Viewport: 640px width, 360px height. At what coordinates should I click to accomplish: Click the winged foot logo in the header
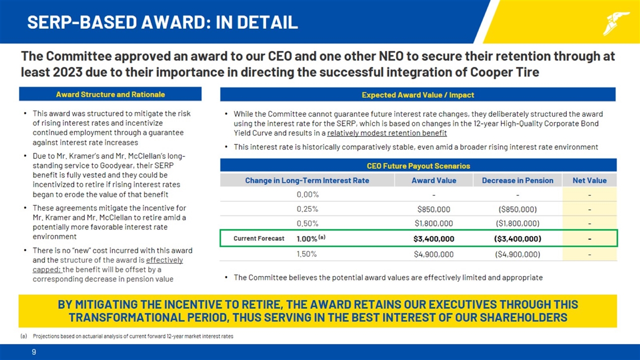click(616, 23)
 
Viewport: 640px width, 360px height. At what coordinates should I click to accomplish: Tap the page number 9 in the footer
click(34, 352)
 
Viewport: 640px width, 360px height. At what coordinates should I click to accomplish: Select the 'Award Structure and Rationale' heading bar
click(110, 94)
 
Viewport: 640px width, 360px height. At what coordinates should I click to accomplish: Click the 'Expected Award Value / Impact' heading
click(417, 94)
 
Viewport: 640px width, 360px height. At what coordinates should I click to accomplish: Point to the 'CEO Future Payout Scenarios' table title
click(418, 165)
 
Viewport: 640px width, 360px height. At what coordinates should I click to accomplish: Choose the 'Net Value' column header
click(590, 180)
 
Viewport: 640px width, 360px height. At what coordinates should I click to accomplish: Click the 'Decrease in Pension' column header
click(517, 180)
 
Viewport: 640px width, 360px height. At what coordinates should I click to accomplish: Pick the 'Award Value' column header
click(433, 180)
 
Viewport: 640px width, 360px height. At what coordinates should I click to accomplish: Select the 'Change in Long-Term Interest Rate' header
click(307, 180)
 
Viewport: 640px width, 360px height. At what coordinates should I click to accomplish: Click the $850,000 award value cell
click(433, 209)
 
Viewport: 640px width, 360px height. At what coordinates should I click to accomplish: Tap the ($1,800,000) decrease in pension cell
click(517, 223)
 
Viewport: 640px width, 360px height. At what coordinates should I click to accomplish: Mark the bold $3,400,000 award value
click(433, 238)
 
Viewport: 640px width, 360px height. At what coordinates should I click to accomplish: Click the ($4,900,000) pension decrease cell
click(517, 254)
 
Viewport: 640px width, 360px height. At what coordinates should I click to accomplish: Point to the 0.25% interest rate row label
click(307, 209)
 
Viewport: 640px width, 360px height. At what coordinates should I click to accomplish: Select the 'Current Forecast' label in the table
click(258, 238)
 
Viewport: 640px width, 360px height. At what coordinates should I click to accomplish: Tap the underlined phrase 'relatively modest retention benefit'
click(386, 133)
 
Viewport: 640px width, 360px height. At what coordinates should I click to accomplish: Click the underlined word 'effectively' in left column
click(164, 260)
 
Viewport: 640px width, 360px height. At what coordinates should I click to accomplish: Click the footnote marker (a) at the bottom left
click(23, 336)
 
